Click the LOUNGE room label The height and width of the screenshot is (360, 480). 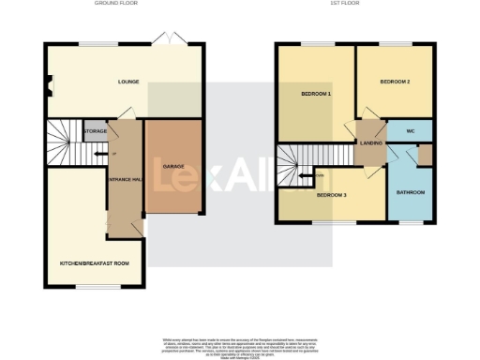(129, 82)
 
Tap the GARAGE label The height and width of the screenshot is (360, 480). (172, 167)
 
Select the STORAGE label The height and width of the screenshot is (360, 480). (95, 131)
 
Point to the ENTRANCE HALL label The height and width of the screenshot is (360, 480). (124, 179)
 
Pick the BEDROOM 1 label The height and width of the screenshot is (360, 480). (317, 94)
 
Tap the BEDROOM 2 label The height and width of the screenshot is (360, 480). (395, 82)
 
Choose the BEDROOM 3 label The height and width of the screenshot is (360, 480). (331, 195)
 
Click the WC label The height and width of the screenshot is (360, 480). (411, 131)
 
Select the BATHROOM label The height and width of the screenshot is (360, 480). (410, 193)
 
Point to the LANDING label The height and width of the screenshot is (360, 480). (369, 143)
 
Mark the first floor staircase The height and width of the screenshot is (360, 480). (298, 165)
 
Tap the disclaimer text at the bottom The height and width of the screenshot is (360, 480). (239, 346)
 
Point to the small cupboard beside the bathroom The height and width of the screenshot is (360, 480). (425, 154)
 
